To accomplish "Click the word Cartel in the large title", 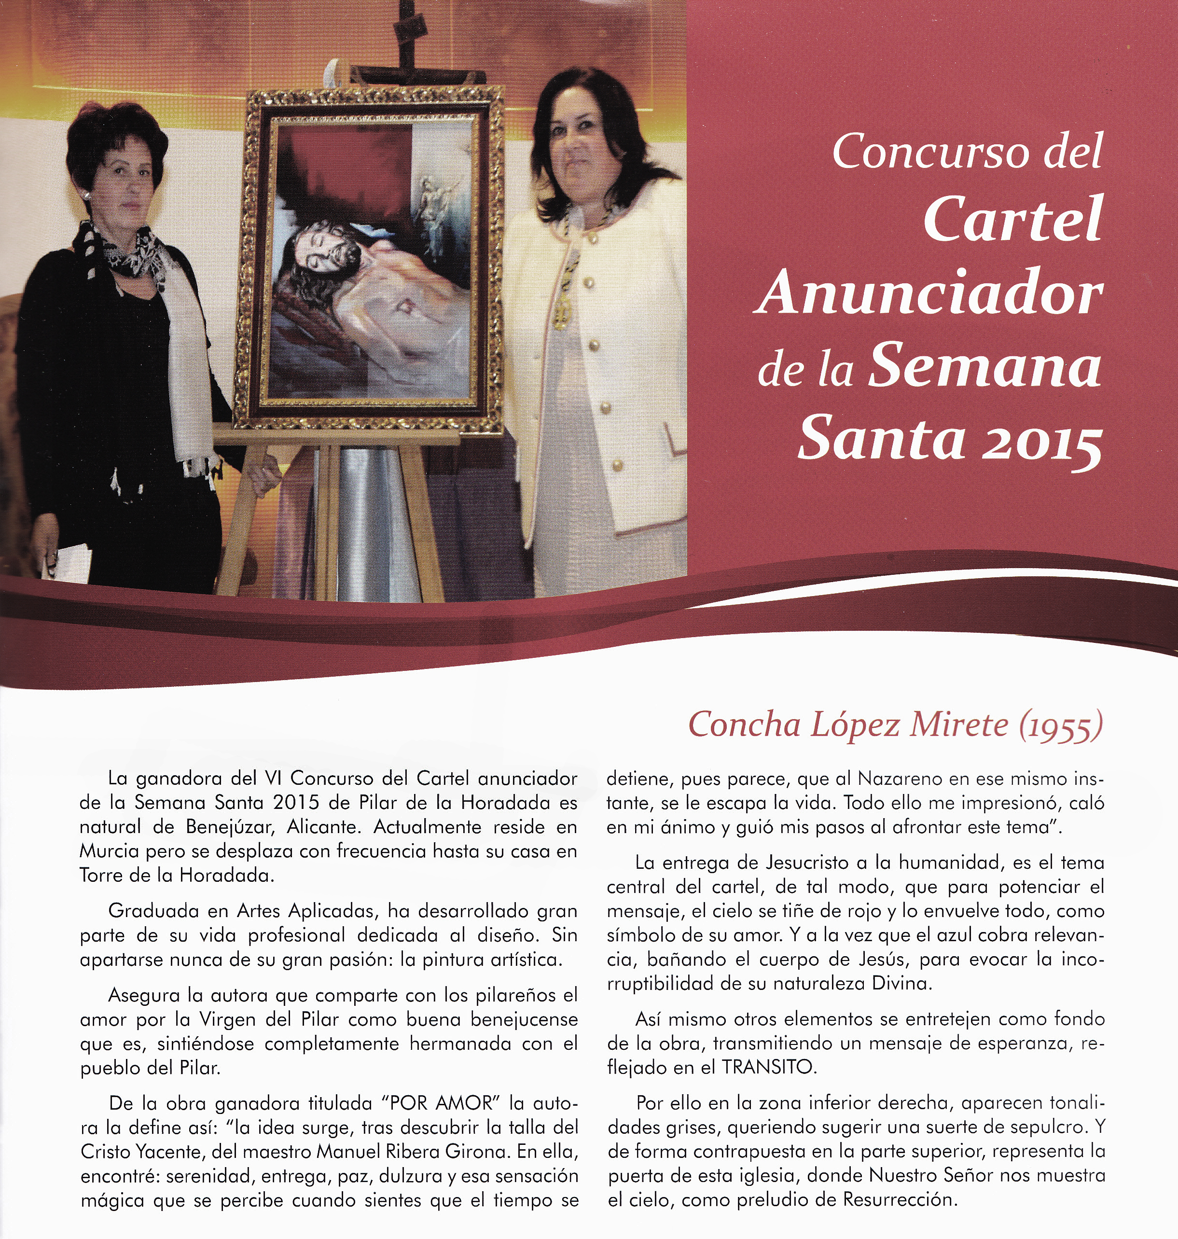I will pyautogui.click(x=1012, y=219).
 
